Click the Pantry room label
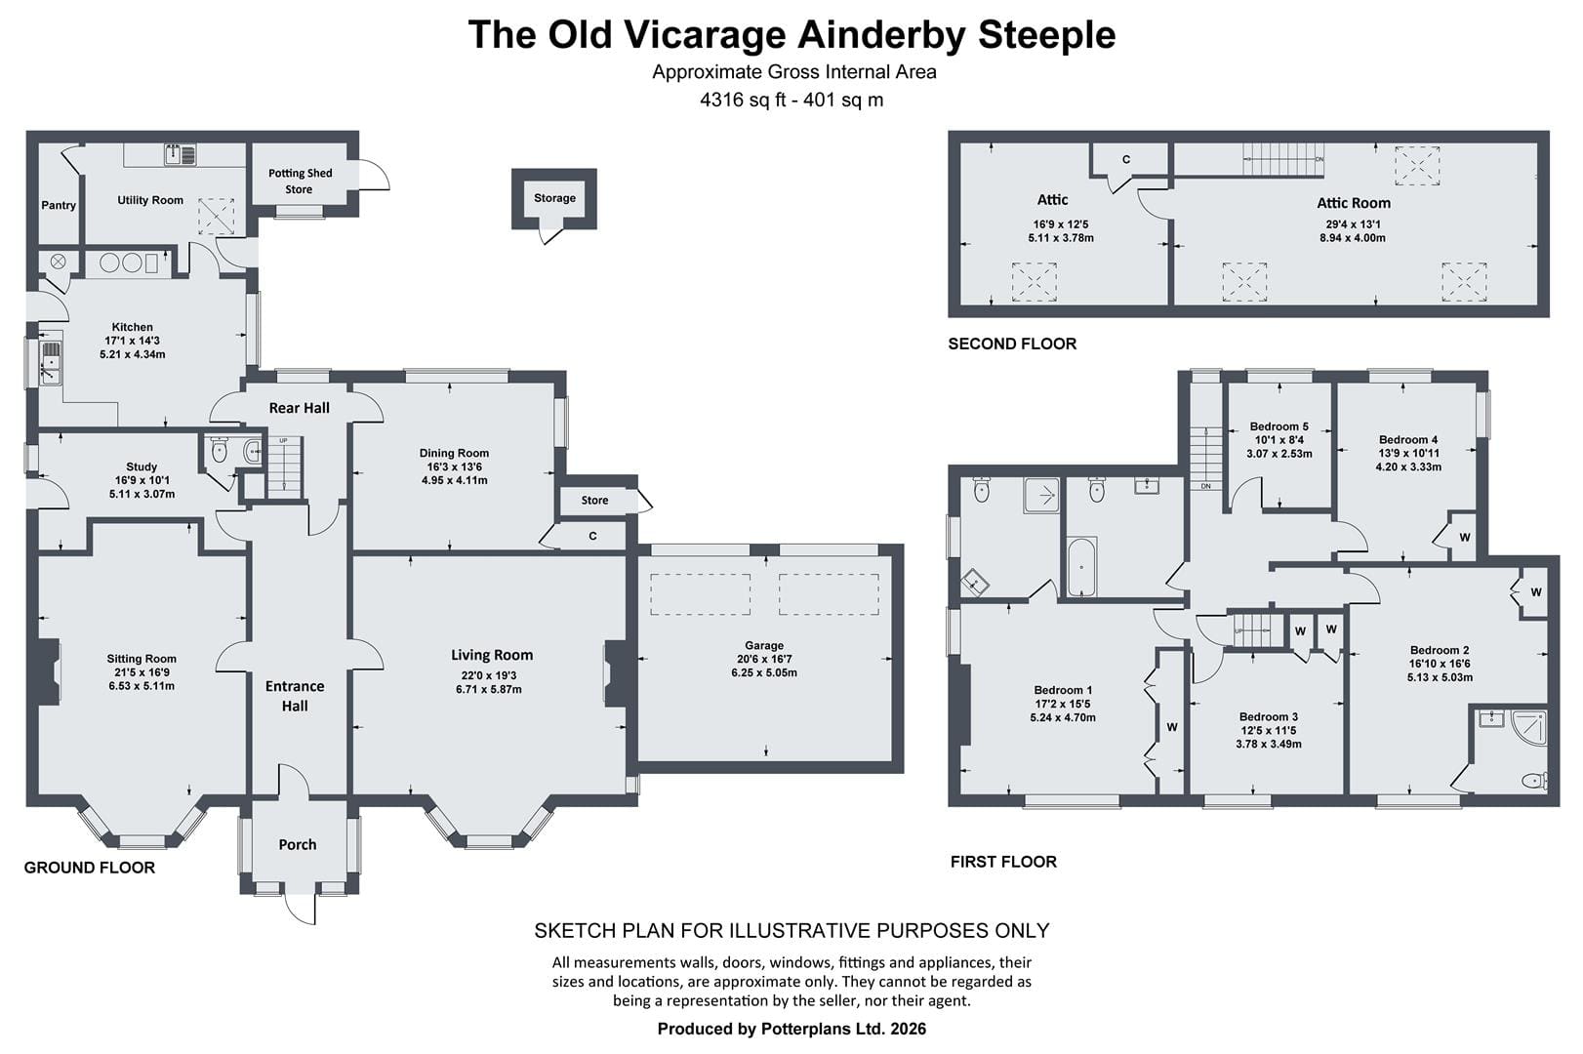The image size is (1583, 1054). coord(58,205)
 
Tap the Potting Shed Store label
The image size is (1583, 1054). coord(300,181)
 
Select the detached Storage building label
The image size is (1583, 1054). coord(554,198)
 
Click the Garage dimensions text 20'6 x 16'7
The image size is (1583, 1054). coord(764,659)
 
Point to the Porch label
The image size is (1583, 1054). coord(298,845)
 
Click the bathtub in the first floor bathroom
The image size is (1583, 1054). coord(1081,566)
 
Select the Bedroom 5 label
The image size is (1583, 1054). coord(1279,426)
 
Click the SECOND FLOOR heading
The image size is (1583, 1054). coord(1012,344)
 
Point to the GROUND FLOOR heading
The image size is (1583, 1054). coord(89,868)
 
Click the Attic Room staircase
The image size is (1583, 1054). coord(1283,159)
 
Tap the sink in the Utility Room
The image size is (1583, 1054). coord(181,155)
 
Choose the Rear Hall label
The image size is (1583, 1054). coord(299,408)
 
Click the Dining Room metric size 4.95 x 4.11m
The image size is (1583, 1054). coord(455,480)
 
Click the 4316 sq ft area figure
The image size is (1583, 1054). coord(743,100)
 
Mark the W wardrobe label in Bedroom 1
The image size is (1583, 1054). coord(1172,727)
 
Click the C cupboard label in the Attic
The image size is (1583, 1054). coord(1126,160)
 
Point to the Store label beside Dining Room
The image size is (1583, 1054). coord(594,500)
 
